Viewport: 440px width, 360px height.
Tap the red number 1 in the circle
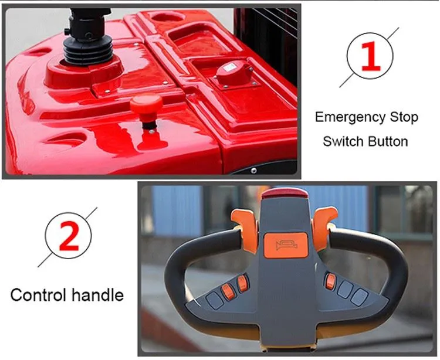[371, 56]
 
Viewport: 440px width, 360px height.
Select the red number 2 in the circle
[69, 235]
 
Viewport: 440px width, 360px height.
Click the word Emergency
[350, 117]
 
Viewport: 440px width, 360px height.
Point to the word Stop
[404, 117]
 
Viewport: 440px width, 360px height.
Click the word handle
[97, 295]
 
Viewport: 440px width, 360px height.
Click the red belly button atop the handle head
[285, 193]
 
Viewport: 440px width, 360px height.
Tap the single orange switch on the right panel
[330, 281]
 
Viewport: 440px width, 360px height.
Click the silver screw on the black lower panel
[254, 170]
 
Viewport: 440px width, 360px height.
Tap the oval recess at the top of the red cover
[168, 18]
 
